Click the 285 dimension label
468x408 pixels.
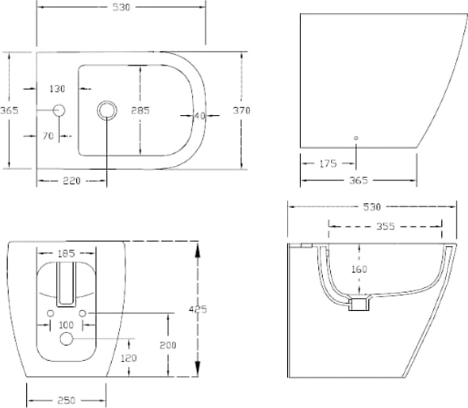pos(140,110)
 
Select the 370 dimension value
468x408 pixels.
pos(242,110)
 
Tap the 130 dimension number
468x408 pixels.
pos(57,89)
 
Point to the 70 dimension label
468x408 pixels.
pos(48,136)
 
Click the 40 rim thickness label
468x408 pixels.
pos(200,116)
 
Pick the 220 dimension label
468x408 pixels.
pos(71,181)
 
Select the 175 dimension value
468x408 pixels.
pos(328,164)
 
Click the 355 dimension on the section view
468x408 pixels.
pos(385,227)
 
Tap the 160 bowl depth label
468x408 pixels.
pos(359,270)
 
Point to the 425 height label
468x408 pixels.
pos(198,310)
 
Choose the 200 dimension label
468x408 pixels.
pos(168,346)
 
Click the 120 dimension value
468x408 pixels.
pos(129,359)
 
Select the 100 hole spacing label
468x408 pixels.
pos(67,325)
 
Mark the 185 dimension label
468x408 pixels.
pos(67,253)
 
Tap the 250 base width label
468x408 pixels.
pos(67,401)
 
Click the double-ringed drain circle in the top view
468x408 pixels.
pos(107,110)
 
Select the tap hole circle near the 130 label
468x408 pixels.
pos(59,110)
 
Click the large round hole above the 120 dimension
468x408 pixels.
pos(67,339)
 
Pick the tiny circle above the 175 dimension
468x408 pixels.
pos(356,138)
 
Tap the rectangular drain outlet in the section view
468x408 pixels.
pos(359,304)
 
